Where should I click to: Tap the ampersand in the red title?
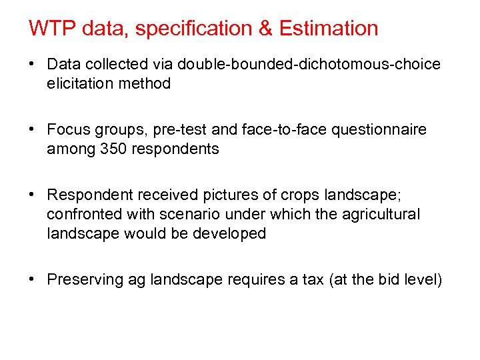click(265, 29)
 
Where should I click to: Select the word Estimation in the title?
click(328, 29)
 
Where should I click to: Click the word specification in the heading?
click(192, 29)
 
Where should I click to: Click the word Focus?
click(69, 130)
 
